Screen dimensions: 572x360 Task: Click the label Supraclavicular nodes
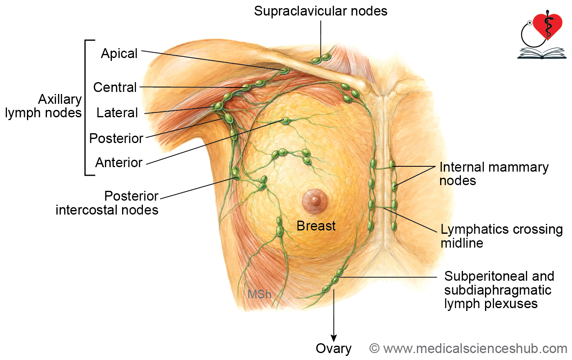pyautogui.click(x=320, y=11)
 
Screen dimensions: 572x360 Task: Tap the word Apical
pyautogui.click(x=119, y=54)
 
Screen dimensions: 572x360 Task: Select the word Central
pyautogui.click(x=115, y=87)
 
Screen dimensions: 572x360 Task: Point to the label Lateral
pyautogui.click(x=117, y=113)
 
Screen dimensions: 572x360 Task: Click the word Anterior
pyautogui.click(x=119, y=163)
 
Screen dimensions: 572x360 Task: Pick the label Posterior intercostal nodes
pyautogui.click(x=107, y=203)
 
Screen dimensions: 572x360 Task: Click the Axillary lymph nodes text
pyautogui.click(x=43, y=106)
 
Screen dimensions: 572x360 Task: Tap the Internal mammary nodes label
pyautogui.click(x=494, y=174)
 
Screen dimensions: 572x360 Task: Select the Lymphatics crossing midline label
pyautogui.click(x=501, y=236)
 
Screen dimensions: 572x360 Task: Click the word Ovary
pyautogui.click(x=334, y=349)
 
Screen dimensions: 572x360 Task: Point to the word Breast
pyautogui.click(x=316, y=226)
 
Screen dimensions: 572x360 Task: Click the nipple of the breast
pyautogui.click(x=315, y=201)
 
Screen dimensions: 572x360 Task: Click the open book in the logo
pyautogui.click(x=542, y=53)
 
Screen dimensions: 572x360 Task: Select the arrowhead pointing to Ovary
pyautogui.click(x=334, y=338)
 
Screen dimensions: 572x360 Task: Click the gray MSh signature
pyautogui.click(x=259, y=294)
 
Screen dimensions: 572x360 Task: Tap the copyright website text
pyautogui.click(x=468, y=349)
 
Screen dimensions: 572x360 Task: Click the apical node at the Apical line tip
pyautogui.click(x=284, y=71)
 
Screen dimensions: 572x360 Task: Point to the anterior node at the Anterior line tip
pyautogui.click(x=285, y=121)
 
